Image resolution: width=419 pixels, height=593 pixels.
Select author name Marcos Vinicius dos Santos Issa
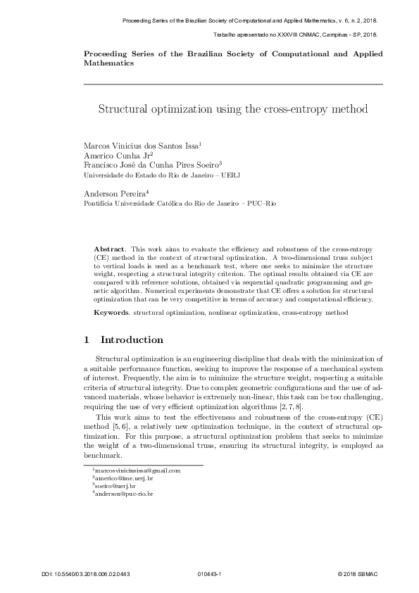pos(141,145)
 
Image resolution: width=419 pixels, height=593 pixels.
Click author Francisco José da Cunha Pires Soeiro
pos(151,165)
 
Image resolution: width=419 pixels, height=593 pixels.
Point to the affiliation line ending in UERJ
pos(162,175)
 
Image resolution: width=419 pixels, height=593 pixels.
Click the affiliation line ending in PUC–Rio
pos(180,202)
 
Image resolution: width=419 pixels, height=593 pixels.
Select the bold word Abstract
pos(109,250)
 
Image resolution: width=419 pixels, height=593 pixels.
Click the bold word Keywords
pos(112,311)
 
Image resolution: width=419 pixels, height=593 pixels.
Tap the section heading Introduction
pos(132,339)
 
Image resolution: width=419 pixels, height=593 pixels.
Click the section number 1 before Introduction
pos(87,339)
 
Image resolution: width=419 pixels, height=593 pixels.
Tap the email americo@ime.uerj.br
pos(123,478)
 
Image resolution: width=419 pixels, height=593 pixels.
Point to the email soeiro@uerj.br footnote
pos(115,486)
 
